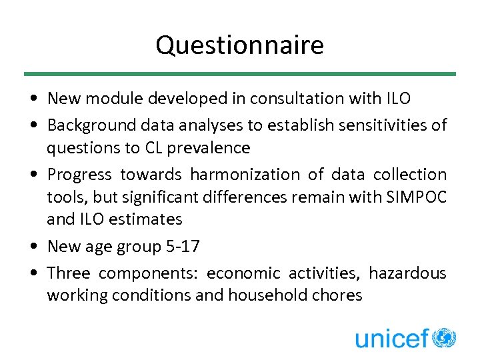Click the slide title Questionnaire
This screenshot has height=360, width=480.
click(239, 45)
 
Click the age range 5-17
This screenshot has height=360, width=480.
click(181, 246)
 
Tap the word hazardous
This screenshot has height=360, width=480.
click(407, 273)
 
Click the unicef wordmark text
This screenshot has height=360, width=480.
click(391, 338)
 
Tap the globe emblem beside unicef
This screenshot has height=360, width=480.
click(444, 337)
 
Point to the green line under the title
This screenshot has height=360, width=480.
click(239, 74)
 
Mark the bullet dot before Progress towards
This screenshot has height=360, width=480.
click(33, 175)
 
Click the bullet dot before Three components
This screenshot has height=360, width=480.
click(33, 273)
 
